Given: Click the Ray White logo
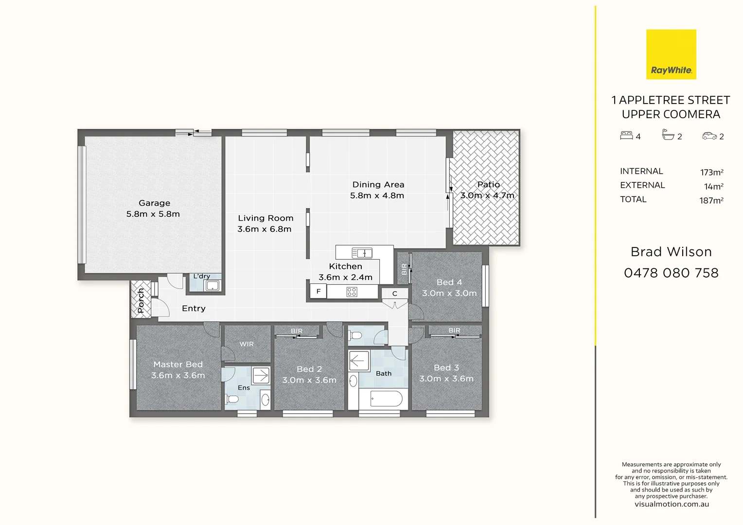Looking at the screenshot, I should pyautogui.click(x=671, y=54).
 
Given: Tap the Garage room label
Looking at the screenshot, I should pyautogui.click(x=154, y=203).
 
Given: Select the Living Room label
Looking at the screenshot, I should pyautogui.click(x=265, y=218).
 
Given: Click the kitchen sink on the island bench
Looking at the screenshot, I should pyautogui.click(x=362, y=253).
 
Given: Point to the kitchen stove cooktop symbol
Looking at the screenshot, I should pyautogui.click(x=352, y=292).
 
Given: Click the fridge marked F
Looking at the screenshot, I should pyautogui.click(x=318, y=292).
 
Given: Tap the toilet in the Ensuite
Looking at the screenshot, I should pyautogui.click(x=232, y=399).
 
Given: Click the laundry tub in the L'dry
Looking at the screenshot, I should pyautogui.click(x=212, y=286).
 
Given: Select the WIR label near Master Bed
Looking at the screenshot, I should pyautogui.click(x=247, y=344).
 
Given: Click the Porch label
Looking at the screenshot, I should pyautogui.click(x=141, y=300).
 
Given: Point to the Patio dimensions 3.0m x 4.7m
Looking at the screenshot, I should pyautogui.click(x=487, y=195).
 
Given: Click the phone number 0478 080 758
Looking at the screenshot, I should pyautogui.click(x=671, y=273).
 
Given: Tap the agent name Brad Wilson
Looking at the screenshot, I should pyautogui.click(x=671, y=252).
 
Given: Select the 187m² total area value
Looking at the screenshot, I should pyautogui.click(x=711, y=200).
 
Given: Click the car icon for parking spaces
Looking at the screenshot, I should pyautogui.click(x=709, y=136).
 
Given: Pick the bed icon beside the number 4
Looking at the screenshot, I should pyautogui.click(x=626, y=136).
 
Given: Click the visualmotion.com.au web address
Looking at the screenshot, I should pyautogui.click(x=672, y=504).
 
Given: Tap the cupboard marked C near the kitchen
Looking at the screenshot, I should pyautogui.click(x=394, y=294).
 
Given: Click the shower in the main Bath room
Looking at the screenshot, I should pyautogui.click(x=359, y=361).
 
